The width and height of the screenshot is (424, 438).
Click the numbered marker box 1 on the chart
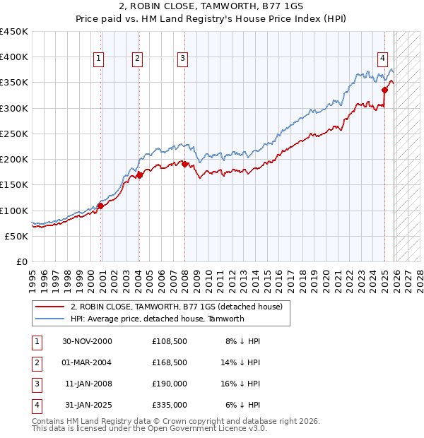click(x=98, y=59)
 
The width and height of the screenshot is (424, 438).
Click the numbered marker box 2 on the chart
click(x=137, y=59)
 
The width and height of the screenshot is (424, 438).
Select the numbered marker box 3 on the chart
click(x=182, y=59)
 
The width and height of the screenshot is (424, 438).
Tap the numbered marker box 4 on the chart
click(x=382, y=59)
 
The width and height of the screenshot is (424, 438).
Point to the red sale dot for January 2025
click(x=385, y=90)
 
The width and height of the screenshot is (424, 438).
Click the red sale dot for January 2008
click(x=184, y=164)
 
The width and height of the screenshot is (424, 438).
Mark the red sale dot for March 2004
click(x=139, y=175)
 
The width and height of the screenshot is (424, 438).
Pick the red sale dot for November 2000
click(x=100, y=206)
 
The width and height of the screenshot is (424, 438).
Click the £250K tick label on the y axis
click(x=14, y=134)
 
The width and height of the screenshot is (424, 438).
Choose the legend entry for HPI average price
click(x=157, y=319)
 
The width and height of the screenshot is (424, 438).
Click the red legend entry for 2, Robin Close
click(x=176, y=307)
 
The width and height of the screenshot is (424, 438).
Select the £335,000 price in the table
click(x=169, y=405)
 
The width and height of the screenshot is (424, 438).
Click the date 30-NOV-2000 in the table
click(x=87, y=341)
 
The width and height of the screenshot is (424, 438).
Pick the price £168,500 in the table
click(x=169, y=362)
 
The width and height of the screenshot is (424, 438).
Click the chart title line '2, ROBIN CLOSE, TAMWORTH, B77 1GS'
click(x=212, y=8)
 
